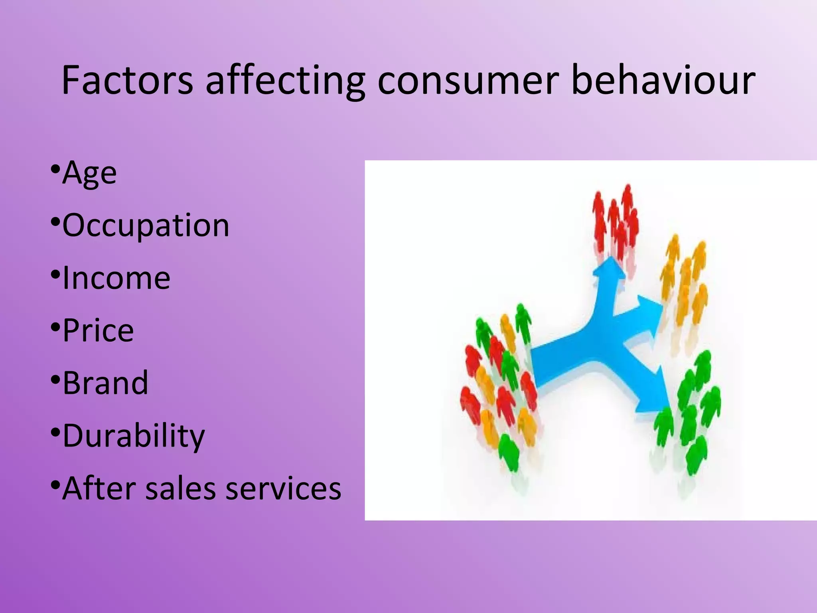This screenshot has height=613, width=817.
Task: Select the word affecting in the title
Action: point(285,81)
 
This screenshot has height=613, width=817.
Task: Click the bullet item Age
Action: point(89,173)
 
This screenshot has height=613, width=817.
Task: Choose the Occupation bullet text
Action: point(146,225)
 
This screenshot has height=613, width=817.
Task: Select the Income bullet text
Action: point(116,278)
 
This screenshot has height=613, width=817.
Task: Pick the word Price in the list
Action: point(98,330)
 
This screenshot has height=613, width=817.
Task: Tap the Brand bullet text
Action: point(105,383)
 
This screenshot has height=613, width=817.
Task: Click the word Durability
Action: point(134,435)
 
